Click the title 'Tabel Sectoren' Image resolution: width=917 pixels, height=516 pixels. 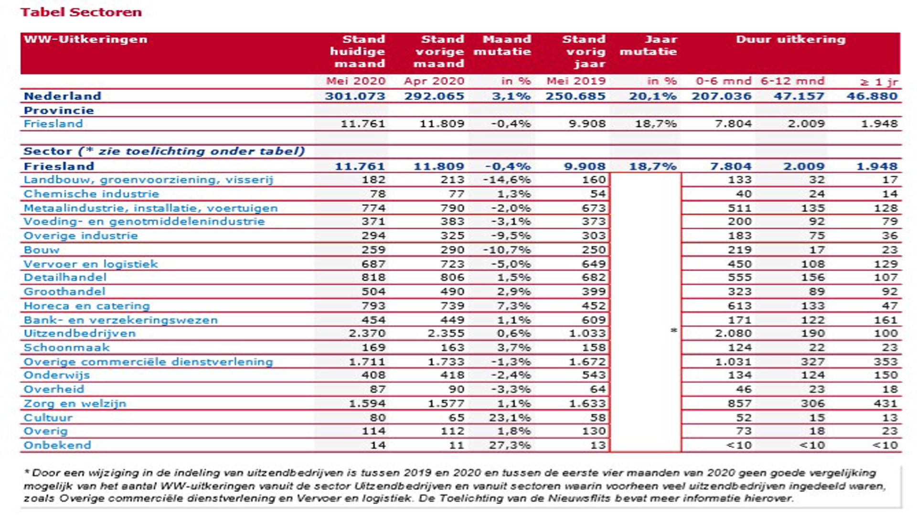[x=81, y=12]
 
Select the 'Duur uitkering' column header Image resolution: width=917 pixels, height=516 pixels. [x=790, y=39]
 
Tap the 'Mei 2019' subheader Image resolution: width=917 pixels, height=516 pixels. [x=576, y=81]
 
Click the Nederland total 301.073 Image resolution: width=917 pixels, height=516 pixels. [x=355, y=96]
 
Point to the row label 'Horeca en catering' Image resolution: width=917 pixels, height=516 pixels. [x=86, y=306]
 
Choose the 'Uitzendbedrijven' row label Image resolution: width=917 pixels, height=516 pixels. [x=80, y=333]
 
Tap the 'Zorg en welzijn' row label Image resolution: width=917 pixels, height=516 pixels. [x=75, y=404]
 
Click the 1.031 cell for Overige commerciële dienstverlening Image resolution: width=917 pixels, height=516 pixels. [x=733, y=362]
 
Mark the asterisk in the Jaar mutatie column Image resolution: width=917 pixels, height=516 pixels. [x=673, y=331]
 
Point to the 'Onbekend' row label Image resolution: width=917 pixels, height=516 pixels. [x=57, y=445]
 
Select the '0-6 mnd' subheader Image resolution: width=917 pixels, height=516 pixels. [x=724, y=81]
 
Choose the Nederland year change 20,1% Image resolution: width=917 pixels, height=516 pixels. [x=652, y=96]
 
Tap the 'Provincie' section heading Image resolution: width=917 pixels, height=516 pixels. [x=59, y=110]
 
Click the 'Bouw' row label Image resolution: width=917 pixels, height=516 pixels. [x=42, y=250]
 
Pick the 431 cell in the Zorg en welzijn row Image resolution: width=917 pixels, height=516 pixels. [x=885, y=404]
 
